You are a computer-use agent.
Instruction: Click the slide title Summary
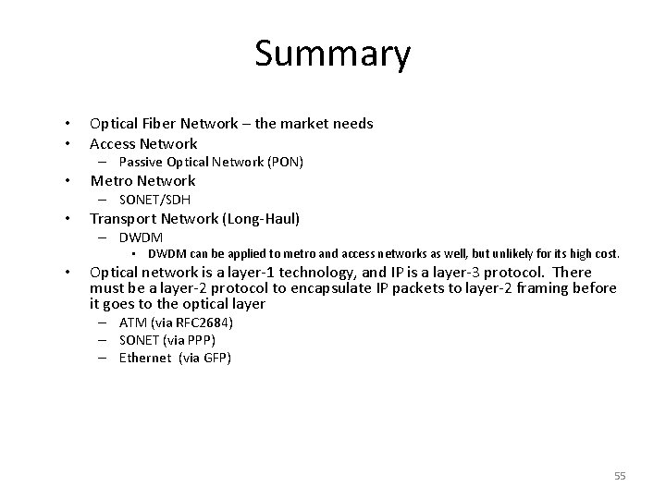332,54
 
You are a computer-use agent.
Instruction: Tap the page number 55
620,476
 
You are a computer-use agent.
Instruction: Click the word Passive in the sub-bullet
141,162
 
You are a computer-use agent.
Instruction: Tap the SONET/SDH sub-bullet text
154,200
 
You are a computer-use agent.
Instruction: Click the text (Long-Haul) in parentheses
269,219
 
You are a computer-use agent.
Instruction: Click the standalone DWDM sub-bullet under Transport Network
141,237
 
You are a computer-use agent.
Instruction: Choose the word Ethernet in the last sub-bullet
147,358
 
